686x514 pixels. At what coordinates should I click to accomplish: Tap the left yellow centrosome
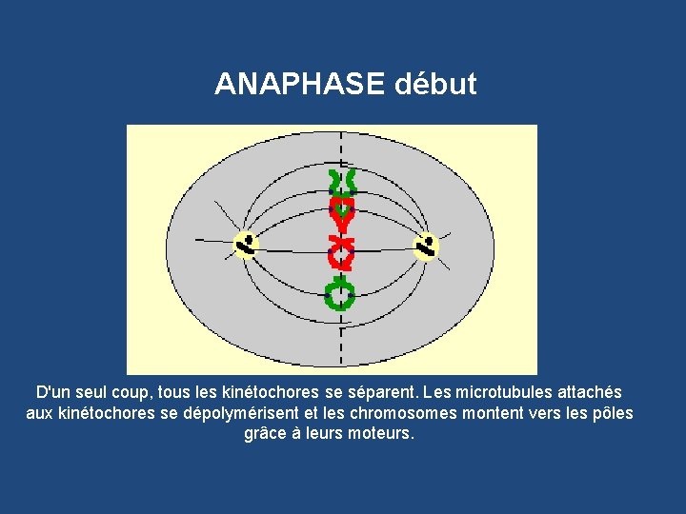coord(246,246)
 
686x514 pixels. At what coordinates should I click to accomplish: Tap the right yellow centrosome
coord(426,247)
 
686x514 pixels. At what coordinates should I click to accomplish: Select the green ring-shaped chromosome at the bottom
coord(339,296)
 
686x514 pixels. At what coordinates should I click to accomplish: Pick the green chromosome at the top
coord(340,181)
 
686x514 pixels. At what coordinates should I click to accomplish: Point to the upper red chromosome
coord(340,214)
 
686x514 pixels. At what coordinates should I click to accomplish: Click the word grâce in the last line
coord(263,434)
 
